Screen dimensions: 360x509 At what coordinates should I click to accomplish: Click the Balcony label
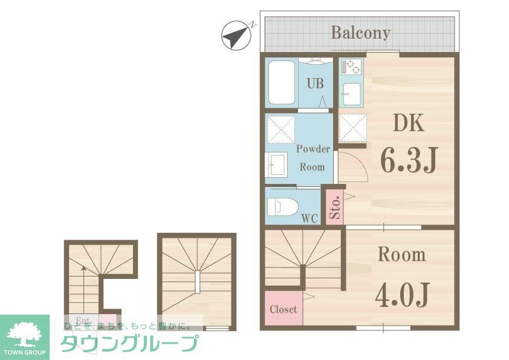pyautogui.click(x=360, y=33)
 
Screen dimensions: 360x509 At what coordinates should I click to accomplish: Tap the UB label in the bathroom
pyautogui.click(x=314, y=84)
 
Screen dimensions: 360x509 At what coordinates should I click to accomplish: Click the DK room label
pyautogui.click(x=409, y=123)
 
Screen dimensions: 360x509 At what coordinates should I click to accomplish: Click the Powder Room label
pyautogui.click(x=313, y=157)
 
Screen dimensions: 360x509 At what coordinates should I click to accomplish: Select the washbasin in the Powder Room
pyautogui.click(x=279, y=165)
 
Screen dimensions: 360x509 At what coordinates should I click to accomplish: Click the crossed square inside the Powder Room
pyautogui.click(x=280, y=128)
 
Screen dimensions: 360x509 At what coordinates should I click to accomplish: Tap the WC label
pyautogui.click(x=310, y=219)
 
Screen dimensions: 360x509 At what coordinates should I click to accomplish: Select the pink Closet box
pyautogui.click(x=283, y=309)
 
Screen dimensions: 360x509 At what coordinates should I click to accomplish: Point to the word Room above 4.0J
pyautogui.click(x=401, y=255)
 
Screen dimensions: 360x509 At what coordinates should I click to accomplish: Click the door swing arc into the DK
pyautogui.click(x=356, y=165)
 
